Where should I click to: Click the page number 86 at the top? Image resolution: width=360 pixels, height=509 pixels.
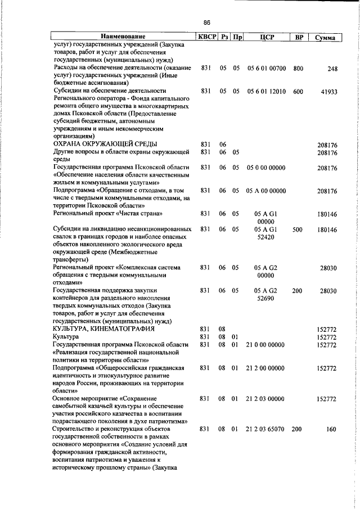[x=206, y=22]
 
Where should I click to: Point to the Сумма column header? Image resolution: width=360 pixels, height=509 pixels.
[x=325, y=38]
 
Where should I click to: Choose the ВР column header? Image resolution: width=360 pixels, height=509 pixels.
[x=299, y=38]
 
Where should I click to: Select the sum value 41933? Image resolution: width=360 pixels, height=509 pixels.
[x=328, y=91]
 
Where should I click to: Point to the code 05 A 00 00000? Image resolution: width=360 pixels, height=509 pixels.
[x=266, y=191]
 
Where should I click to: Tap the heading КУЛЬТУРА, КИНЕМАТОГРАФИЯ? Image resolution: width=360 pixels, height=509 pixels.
[x=103, y=328]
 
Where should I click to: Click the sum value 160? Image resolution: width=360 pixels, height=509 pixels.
[x=331, y=430]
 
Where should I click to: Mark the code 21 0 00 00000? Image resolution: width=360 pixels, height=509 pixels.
[x=265, y=344]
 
